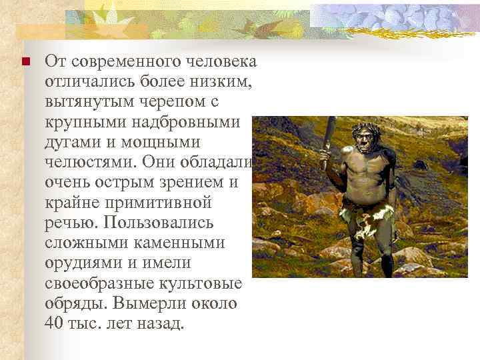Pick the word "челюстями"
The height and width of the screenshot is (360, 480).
[x=90, y=163]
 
